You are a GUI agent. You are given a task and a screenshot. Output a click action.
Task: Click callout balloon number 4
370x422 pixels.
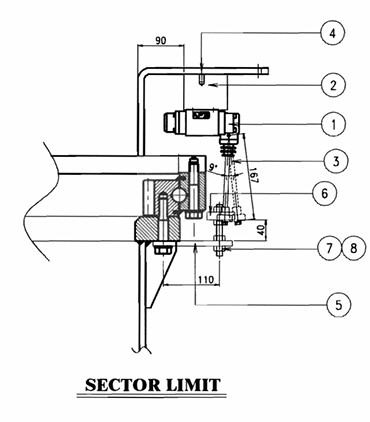332,33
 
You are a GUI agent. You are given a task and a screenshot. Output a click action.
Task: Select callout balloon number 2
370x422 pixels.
333,85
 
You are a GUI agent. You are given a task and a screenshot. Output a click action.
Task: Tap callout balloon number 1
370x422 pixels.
334,124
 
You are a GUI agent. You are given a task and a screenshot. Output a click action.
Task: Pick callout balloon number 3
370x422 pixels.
336,161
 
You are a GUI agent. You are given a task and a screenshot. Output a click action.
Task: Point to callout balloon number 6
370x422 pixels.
325,193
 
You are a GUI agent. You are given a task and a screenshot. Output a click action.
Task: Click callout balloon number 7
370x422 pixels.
329,248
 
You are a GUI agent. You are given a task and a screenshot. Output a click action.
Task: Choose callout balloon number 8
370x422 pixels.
354,248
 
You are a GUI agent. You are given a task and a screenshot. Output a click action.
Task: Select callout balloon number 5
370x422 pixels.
339,305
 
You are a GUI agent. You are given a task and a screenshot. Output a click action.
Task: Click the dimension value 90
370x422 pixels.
161,41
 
